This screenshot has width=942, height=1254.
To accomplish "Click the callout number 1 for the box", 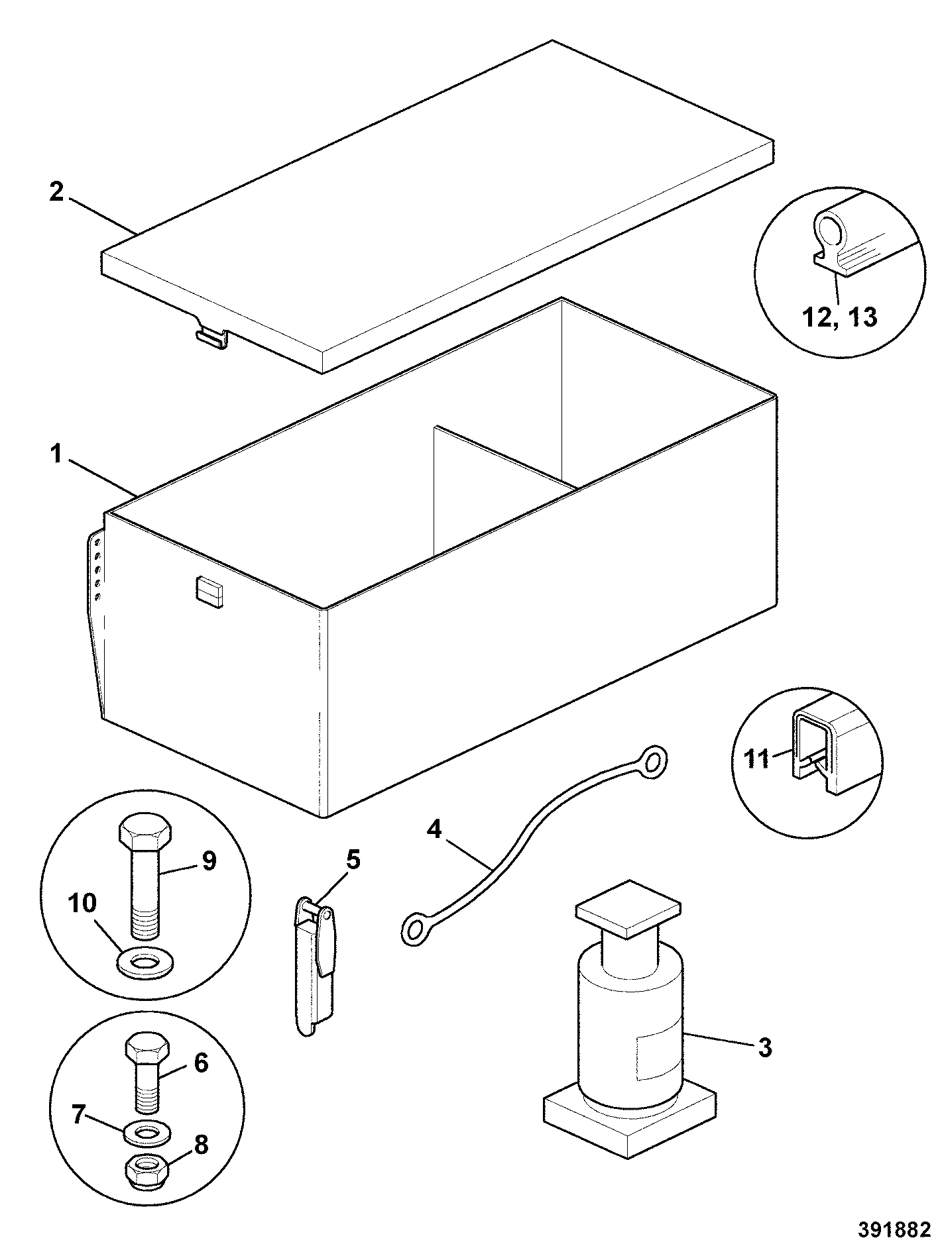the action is coord(57,456).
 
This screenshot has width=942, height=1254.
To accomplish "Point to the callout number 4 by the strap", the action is coord(434,829).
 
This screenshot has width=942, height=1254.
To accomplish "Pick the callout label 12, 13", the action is coord(840,317).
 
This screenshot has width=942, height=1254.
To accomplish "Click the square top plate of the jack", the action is coord(629,910).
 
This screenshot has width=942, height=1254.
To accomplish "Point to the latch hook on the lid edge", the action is coord(211,336).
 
